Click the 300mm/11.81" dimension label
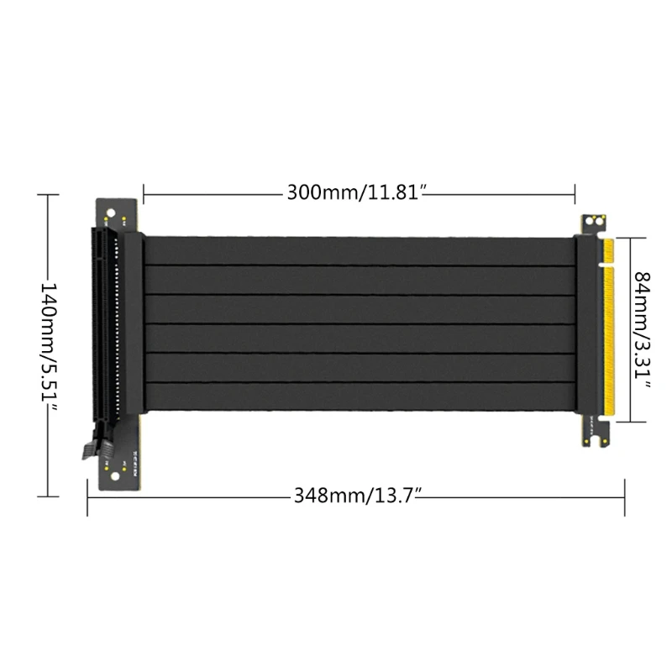tap(359, 192)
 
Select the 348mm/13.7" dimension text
tap(356, 494)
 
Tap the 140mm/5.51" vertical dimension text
tap(50, 344)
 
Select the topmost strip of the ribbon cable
tap(360, 251)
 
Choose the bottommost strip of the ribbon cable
tap(360, 398)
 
